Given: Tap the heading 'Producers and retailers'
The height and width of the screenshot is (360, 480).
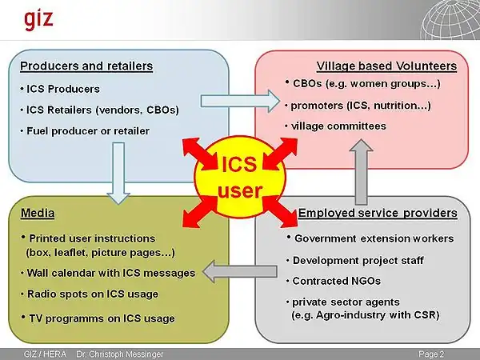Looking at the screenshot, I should point(86,66).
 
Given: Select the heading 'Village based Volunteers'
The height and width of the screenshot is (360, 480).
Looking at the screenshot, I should point(386,66).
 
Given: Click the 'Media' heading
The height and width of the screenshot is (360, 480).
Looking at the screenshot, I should point(37,214).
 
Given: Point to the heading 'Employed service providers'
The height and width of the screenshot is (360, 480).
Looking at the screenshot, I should point(378,213).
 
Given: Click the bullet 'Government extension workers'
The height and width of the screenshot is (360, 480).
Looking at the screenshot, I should point(373,238).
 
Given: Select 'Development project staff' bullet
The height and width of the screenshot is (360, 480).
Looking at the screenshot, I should point(357,261).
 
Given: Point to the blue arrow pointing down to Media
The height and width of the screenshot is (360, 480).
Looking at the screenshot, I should point(118,173).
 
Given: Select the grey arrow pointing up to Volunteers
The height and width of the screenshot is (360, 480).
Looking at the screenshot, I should point(362,169).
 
